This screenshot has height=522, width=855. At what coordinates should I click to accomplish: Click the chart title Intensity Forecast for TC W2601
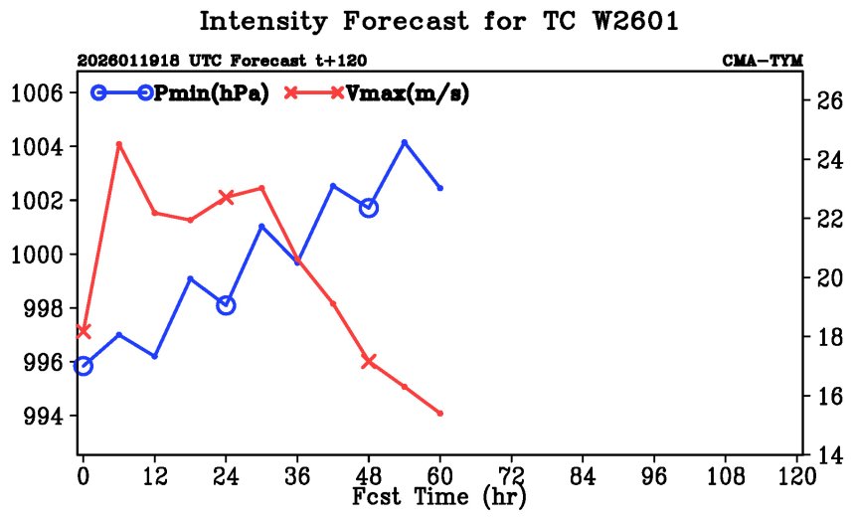coord(438,22)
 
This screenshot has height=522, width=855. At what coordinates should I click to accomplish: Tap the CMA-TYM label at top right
coord(763,61)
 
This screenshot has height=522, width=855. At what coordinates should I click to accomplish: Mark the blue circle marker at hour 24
coord(226,305)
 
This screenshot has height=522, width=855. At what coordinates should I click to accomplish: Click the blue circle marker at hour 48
coord(369,208)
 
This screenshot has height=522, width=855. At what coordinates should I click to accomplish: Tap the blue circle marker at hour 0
coord(84,366)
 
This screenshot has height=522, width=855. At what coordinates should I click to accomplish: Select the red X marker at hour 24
coord(226,197)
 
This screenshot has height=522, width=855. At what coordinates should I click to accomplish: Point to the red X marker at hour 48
coord(369,361)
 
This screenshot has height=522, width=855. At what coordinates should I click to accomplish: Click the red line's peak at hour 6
coord(119,144)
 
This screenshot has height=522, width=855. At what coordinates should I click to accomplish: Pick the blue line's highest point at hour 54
coord(405,142)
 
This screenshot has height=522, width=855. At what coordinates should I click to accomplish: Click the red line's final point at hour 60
coord(440,414)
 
